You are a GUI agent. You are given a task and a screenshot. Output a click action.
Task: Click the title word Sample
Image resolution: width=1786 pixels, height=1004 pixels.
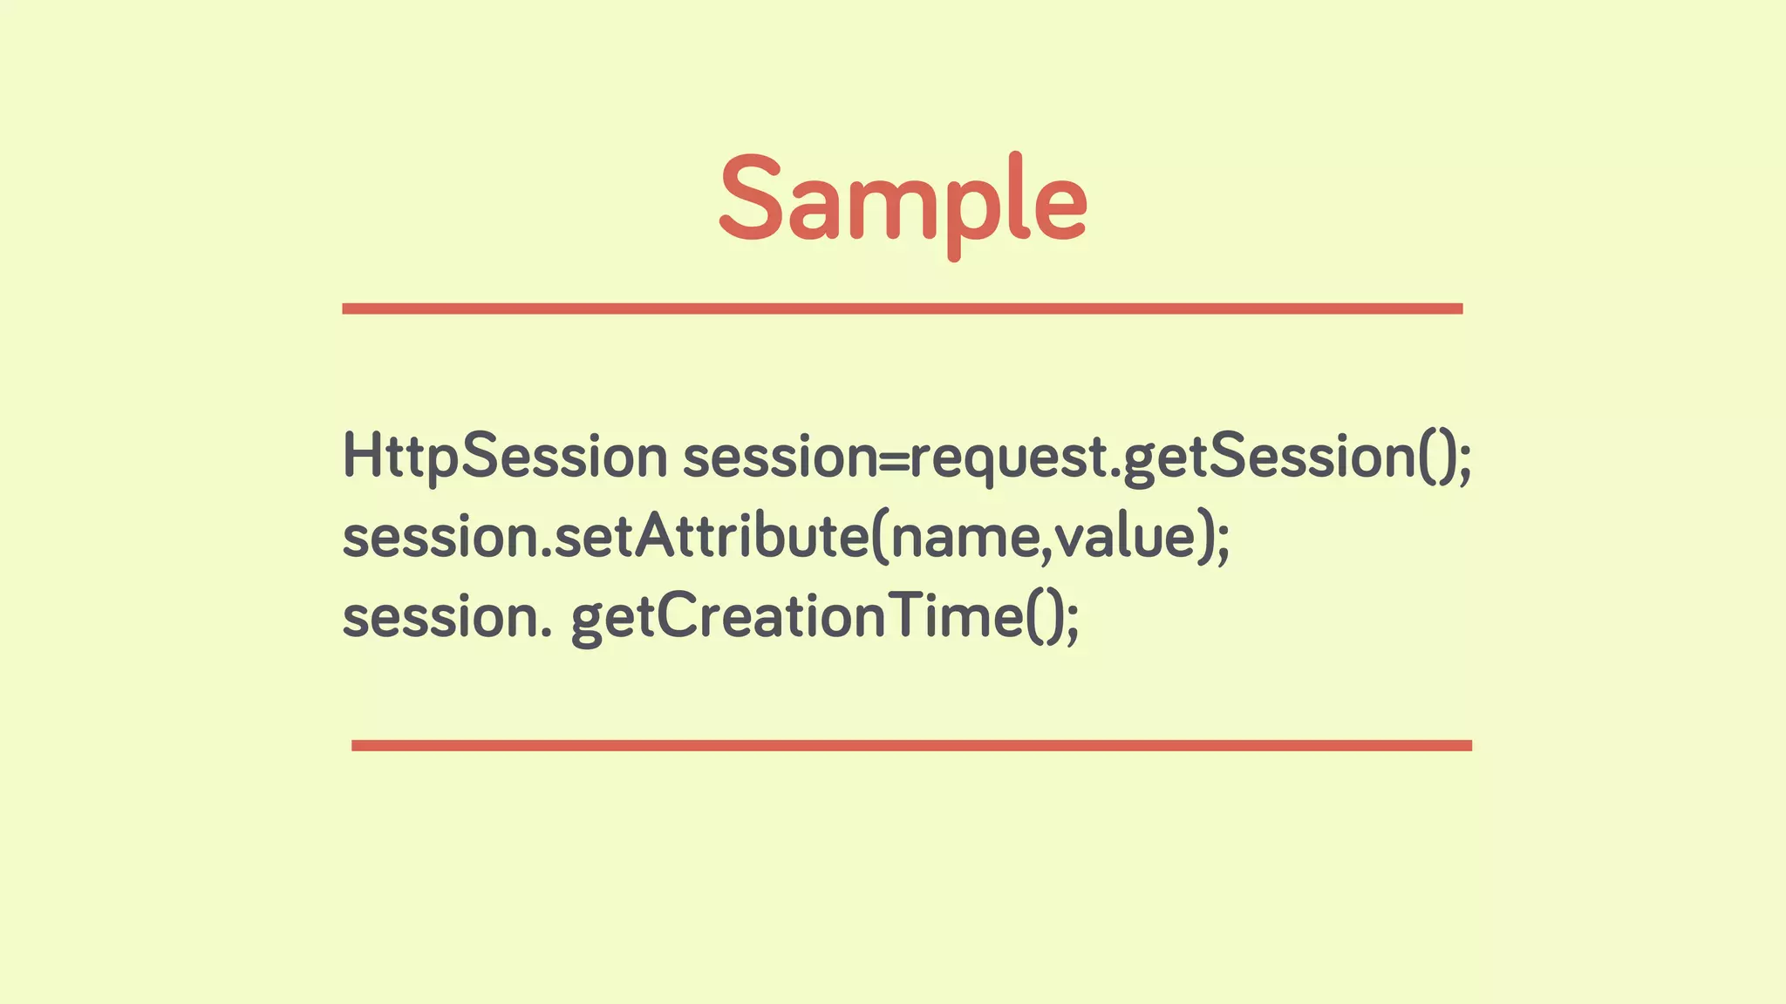(x=903, y=200)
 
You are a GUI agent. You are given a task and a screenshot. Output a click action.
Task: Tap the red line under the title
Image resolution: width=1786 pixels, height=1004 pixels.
(x=902, y=309)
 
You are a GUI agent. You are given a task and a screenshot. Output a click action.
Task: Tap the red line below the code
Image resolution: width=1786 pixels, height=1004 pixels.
(x=911, y=745)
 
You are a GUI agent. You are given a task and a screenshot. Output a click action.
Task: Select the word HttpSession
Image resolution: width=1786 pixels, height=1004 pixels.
(x=504, y=456)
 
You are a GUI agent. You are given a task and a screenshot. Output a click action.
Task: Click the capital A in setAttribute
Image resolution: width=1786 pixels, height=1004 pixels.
(x=658, y=535)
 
